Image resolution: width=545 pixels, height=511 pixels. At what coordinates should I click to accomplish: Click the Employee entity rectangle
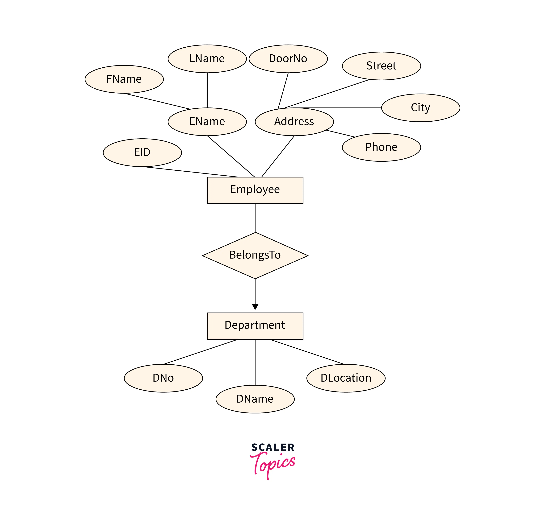point(255,190)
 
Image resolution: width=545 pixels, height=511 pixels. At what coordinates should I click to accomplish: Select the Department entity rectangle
point(255,326)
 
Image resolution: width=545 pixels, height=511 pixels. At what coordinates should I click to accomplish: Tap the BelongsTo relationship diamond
point(255,255)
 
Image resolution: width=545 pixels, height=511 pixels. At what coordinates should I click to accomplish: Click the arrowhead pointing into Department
point(255,307)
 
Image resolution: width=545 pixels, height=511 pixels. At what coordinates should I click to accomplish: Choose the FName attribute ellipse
point(124,79)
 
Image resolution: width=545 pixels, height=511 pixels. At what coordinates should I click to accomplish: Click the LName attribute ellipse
point(207,59)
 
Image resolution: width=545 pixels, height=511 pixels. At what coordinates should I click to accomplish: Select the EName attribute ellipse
point(207,122)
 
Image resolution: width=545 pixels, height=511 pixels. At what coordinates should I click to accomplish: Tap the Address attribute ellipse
point(294,122)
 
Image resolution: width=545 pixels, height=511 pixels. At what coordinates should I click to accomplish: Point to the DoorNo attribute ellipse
point(288,59)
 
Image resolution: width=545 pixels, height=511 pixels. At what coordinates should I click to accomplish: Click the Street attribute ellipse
point(381,66)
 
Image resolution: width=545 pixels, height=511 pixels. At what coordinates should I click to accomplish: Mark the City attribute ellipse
point(421,108)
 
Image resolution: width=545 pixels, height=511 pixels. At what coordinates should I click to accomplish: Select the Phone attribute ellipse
point(381,147)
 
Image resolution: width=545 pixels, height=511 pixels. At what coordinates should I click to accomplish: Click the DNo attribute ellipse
point(163,378)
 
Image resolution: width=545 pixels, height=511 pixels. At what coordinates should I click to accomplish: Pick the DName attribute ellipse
point(255,399)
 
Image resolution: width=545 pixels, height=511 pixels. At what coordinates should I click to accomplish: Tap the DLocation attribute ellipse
point(346,378)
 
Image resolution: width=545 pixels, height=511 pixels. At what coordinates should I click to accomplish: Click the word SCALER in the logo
point(273,447)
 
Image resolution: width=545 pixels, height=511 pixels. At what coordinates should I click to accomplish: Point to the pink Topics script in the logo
point(273,463)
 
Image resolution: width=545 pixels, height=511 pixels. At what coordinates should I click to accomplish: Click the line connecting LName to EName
point(207,90)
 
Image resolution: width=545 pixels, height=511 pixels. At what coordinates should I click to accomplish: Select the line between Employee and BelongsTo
point(255,218)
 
